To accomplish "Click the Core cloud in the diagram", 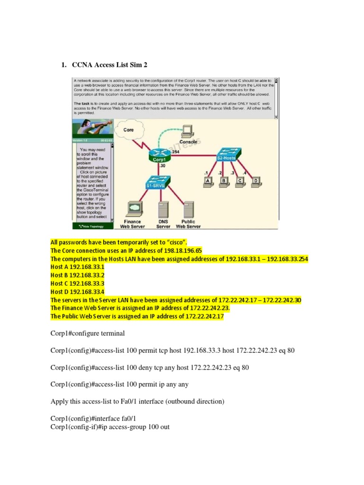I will (129, 130).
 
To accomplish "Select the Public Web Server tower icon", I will (188, 208).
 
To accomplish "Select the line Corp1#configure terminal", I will (88, 333).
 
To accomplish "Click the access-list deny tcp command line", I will (150, 367).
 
